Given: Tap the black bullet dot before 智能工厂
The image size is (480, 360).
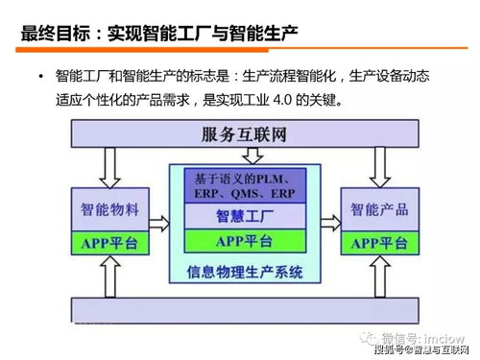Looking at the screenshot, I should pyautogui.click(x=41, y=76).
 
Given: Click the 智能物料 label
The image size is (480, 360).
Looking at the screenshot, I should pyautogui.click(x=110, y=208).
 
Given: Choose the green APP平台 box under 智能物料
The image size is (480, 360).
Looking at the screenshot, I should pyautogui.click(x=109, y=243).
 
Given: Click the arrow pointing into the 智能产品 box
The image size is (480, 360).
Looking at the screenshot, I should pyautogui.click(x=326, y=220).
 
